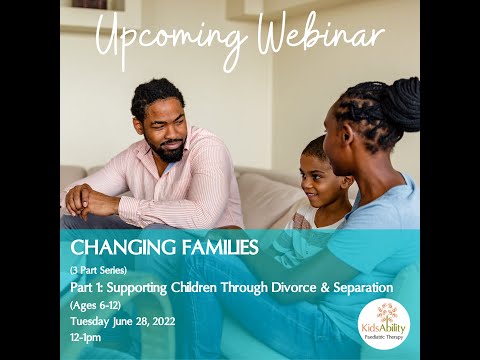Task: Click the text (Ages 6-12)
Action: click(95, 305)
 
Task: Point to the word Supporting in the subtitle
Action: click(132, 288)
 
